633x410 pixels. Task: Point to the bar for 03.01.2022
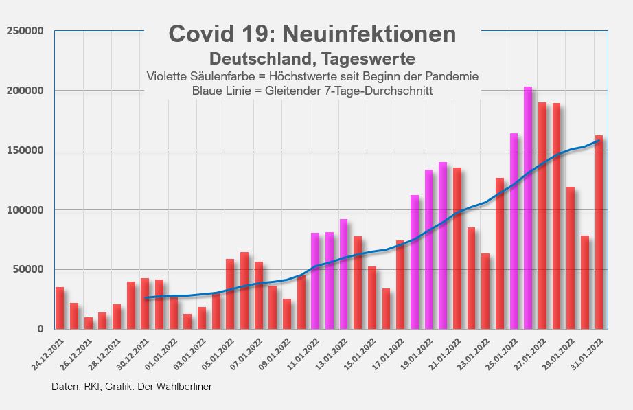point(187,321)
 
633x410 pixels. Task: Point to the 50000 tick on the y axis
point(28,269)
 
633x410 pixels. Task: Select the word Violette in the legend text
point(168,76)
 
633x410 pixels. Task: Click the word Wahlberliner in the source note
point(183,387)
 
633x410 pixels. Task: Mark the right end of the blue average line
point(599,140)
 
